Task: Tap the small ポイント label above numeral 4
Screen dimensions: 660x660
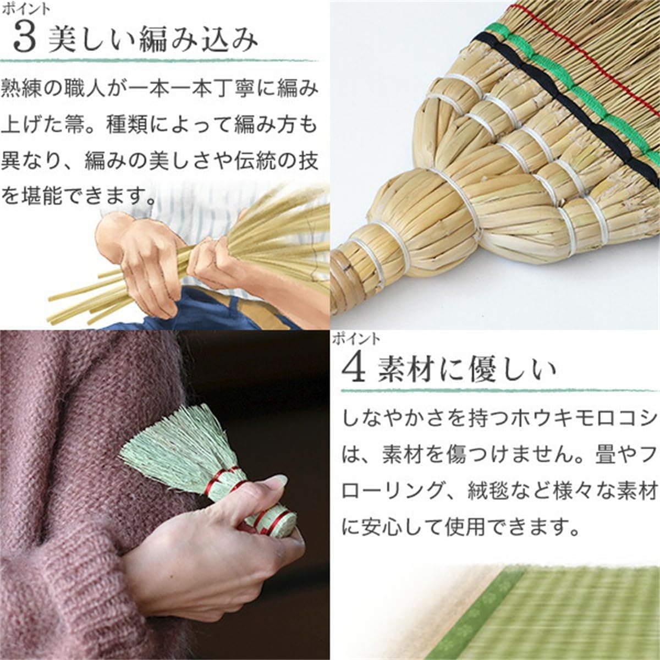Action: tap(356, 339)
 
